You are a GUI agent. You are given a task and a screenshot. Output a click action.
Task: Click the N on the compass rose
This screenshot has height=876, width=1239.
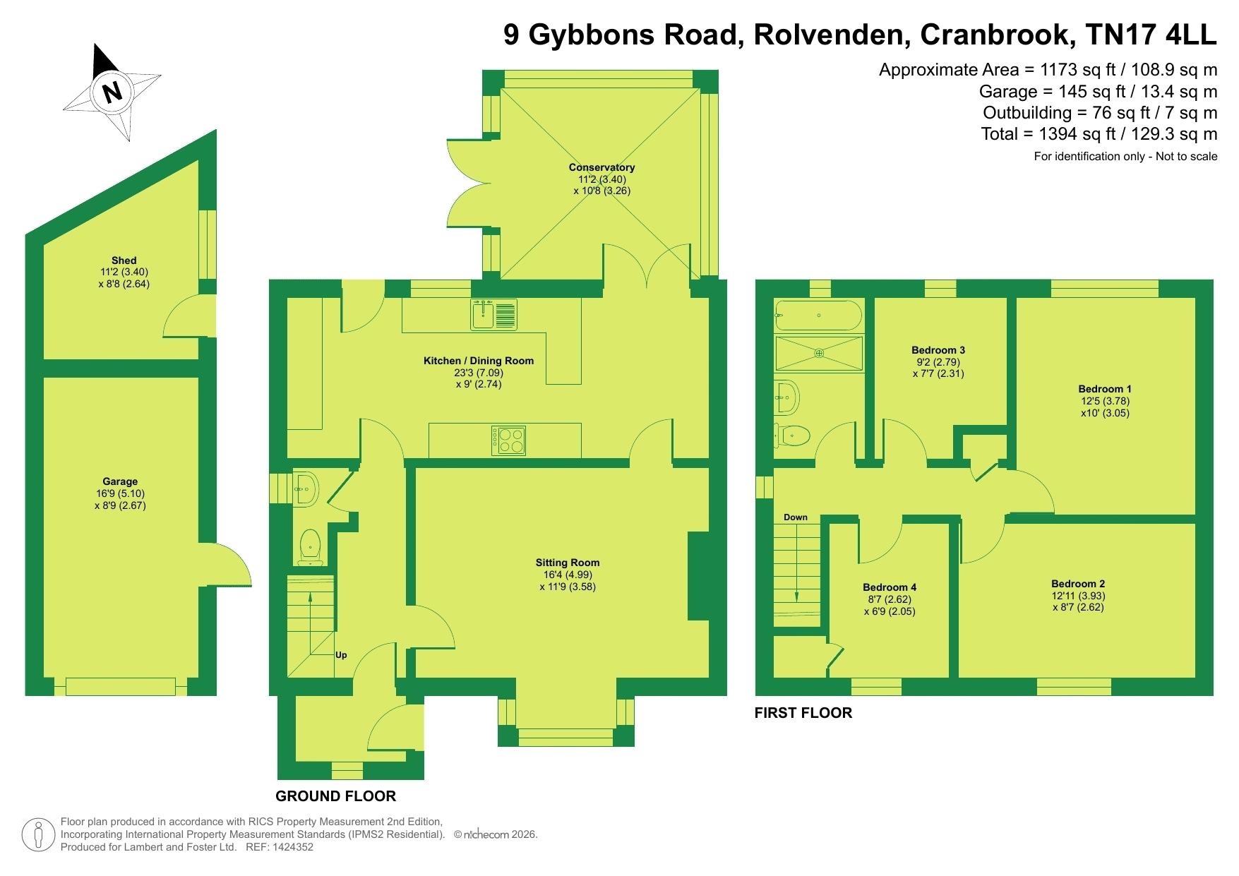(x=112, y=92)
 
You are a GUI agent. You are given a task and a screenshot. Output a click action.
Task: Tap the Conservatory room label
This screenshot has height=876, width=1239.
(x=601, y=167)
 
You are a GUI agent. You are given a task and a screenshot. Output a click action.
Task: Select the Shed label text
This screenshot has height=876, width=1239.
(x=124, y=260)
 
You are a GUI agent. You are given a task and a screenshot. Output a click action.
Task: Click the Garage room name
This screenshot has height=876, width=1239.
(x=119, y=482)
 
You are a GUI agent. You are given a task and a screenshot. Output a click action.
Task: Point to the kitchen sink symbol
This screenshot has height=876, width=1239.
(x=493, y=315)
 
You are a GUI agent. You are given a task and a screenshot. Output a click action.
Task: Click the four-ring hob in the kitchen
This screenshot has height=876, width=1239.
(x=508, y=440)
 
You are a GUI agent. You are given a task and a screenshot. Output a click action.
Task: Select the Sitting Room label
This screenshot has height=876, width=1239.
(x=568, y=563)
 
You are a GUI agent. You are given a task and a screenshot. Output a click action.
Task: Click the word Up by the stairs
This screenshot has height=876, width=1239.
(x=341, y=654)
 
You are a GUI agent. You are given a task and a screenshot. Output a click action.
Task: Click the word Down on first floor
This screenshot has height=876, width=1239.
(x=796, y=517)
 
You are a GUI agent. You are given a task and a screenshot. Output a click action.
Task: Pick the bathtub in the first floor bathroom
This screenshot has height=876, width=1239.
(x=819, y=316)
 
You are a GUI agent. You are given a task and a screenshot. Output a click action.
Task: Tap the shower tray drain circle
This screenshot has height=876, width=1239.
(x=820, y=353)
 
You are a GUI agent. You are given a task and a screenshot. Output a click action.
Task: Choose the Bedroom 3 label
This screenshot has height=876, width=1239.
(x=938, y=350)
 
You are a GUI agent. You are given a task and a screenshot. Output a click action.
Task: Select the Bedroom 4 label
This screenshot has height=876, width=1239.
(x=890, y=587)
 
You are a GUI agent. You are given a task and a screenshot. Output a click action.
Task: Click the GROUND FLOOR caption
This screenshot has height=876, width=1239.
(x=335, y=796)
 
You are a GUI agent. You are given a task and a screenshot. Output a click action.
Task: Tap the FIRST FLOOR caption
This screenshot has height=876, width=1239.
(x=803, y=713)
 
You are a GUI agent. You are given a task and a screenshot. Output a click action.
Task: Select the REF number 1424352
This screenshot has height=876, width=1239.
(x=296, y=847)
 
